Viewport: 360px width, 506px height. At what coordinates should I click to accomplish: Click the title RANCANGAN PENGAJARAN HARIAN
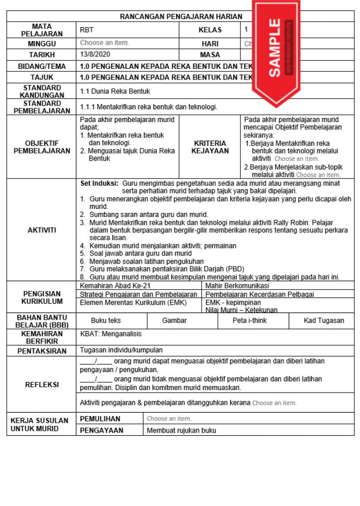tap(181, 16)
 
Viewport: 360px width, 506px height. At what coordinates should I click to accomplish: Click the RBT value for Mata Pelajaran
tap(87, 30)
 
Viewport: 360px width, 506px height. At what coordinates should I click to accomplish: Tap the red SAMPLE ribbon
tap(275, 49)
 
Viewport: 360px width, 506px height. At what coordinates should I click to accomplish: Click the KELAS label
tap(210, 30)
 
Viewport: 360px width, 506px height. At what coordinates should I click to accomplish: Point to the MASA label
tap(210, 54)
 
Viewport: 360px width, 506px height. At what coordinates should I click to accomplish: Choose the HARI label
tap(210, 44)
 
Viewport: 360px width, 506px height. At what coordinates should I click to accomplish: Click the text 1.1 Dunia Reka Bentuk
tap(115, 91)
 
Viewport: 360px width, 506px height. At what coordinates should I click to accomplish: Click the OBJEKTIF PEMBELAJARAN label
tap(42, 147)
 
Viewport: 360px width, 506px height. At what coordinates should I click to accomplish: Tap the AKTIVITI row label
tap(42, 230)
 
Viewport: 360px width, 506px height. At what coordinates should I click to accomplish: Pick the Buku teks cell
tap(106, 320)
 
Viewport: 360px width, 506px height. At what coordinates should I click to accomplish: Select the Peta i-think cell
tap(249, 320)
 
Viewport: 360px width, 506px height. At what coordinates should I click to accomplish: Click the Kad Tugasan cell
tap(324, 320)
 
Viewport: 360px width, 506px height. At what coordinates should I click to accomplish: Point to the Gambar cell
tap(174, 320)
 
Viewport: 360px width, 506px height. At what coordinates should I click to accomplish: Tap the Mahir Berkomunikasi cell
tap(237, 285)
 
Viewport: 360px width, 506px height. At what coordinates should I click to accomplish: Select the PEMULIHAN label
tap(100, 419)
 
